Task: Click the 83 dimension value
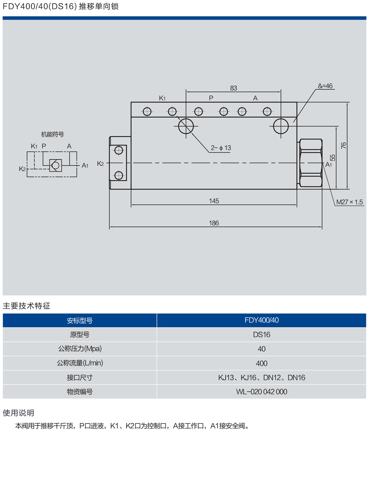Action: tap(233, 88)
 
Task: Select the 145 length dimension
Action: tap(214, 201)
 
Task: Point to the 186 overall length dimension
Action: tap(214, 223)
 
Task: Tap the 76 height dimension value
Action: tap(343, 145)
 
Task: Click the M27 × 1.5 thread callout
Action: tap(349, 202)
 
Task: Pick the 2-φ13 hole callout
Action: tap(221, 148)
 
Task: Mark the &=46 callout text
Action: tap(325, 86)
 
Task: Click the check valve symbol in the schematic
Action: tap(55, 165)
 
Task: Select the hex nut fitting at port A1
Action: tap(311, 163)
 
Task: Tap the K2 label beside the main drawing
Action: tap(100, 163)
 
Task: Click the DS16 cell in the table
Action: tap(262, 335)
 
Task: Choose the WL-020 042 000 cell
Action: tap(262, 392)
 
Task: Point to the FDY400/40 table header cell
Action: tap(262, 320)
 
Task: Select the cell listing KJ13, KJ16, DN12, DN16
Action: tap(262, 378)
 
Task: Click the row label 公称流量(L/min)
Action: tap(80, 363)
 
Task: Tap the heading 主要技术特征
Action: tap(26, 306)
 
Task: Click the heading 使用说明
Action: tap(18, 413)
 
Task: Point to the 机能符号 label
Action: tap(53, 135)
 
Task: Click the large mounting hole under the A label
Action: tap(281, 126)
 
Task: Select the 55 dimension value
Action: tap(332, 157)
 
